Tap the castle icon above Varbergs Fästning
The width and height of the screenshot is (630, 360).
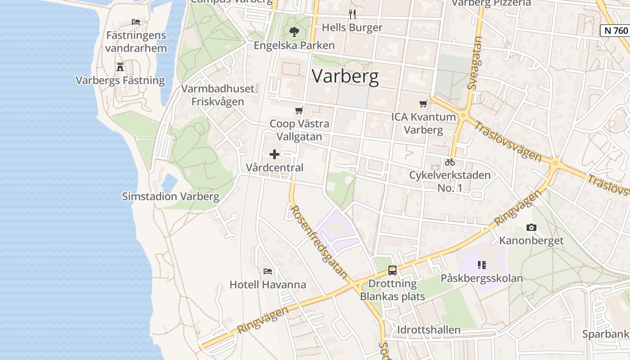click(x=120, y=67)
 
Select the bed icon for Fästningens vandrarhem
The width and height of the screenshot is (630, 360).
click(x=136, y=22)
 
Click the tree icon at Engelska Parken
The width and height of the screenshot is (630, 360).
click(x=294, y=32)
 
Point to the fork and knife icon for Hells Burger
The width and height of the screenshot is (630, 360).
click(x=352, y=14)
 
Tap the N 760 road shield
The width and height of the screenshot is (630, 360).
click(x=615, y=31)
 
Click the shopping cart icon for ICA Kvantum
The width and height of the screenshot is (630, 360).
click(x=423, y=104)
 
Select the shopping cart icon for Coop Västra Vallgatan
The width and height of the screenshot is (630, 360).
click(x=299, y=111)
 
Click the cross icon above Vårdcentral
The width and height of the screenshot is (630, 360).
click(x=274, y=154)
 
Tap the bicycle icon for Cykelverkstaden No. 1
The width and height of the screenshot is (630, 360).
click(x=450, y=162)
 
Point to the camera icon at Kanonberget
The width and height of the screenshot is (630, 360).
click(x=531, y=228)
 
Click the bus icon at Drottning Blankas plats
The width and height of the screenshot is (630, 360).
click(x=392, y=270)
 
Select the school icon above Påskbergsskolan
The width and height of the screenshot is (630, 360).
click(x=482, y=265)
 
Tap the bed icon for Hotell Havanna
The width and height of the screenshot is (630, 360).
click(x=268, y=271)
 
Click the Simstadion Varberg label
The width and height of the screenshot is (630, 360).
click(x=171, y=197)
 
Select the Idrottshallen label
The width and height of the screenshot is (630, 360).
click(x=429, y=330)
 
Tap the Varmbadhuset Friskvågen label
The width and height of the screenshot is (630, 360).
click(x=218, y=95)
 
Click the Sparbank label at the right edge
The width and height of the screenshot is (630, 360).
click(x=606, y=334)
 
